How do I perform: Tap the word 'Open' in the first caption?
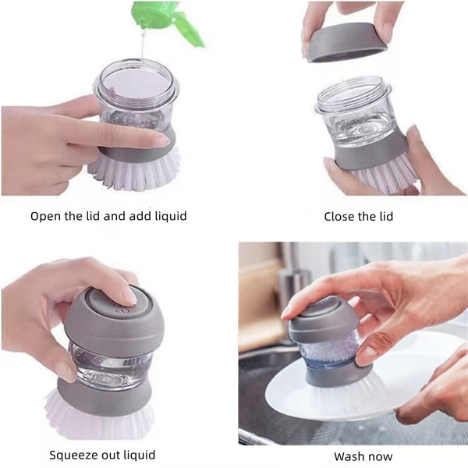pyautogui.click(x=44, y=216)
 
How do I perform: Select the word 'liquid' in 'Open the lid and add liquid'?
pyautogui.click(x=171, y=216)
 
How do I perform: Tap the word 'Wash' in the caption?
pyautogui.click(x=348, y=456)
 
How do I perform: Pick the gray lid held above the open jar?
pyautogui.click(x=346, y=42)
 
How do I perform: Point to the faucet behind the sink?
pyautogui.click(x=290, y=278)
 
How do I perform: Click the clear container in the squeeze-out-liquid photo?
pyautogui.click(x=112, y=366)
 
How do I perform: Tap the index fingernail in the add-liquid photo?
pyautogui.click(x=163, y=140)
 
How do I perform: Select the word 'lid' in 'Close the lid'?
pyautogui.click(x=386, y=216)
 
